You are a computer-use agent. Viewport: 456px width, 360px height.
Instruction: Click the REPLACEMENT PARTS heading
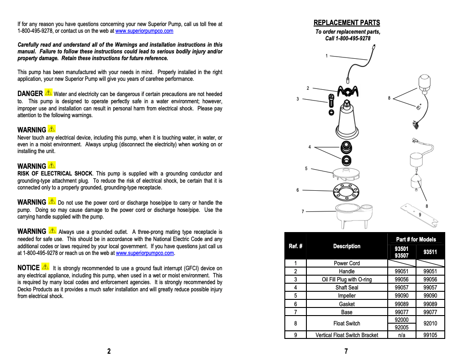click(x=346, y=23)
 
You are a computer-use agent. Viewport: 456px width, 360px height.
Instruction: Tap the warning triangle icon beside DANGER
click(x=49, y=93)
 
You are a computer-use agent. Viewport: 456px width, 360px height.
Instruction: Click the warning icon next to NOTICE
click(x=45, y=267)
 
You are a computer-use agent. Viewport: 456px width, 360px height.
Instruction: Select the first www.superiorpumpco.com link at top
click(x=144, y=31)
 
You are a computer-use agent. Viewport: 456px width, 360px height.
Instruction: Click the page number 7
click(x=346, y=351)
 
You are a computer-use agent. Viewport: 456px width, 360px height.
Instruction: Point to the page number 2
click(x=109, y=351)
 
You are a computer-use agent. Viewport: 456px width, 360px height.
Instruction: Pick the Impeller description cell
click(x=346, y=296)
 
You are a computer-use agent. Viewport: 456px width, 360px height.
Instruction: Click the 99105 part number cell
click(x=430, y=335)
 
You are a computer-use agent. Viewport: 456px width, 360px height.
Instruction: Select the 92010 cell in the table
click(x=430, y=323)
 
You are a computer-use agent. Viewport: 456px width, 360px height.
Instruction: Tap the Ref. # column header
click(x=295, y=246)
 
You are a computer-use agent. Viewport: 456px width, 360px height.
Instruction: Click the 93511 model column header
click(x=430, y=252)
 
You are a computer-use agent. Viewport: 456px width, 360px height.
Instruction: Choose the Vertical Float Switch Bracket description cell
click(x=346, y=335)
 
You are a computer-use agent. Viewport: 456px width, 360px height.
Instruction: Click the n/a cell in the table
click(x=402, y=335)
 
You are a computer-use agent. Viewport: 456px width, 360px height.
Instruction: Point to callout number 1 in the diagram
click(x=327, y=56)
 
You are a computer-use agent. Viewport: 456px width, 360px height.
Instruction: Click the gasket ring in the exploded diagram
click(x=346, y=193)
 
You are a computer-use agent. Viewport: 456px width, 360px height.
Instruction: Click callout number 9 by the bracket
click(x=420, y=215)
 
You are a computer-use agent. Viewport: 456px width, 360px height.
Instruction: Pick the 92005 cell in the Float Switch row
click(x=402, y=327)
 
